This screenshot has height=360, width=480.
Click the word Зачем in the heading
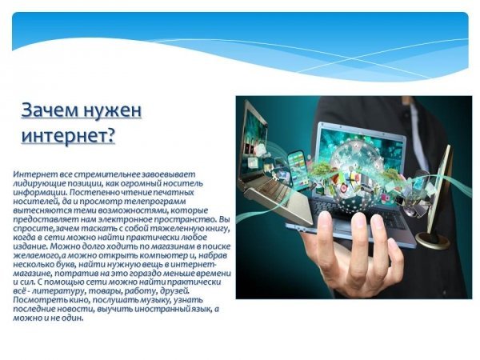coord(49,110)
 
